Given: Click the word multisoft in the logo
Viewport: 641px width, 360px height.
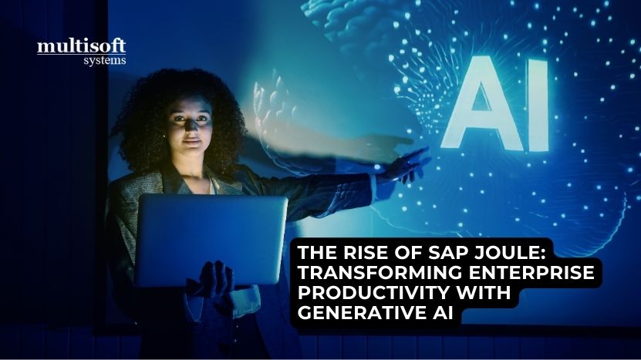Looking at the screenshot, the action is point(81,46).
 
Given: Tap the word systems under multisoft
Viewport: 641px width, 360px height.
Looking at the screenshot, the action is point(105,60).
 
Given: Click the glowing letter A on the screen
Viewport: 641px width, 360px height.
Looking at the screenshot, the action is point(482,104).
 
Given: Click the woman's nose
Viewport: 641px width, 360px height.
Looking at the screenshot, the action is point(190,126).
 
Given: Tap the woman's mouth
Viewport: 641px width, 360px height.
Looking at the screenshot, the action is point(192,142).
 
